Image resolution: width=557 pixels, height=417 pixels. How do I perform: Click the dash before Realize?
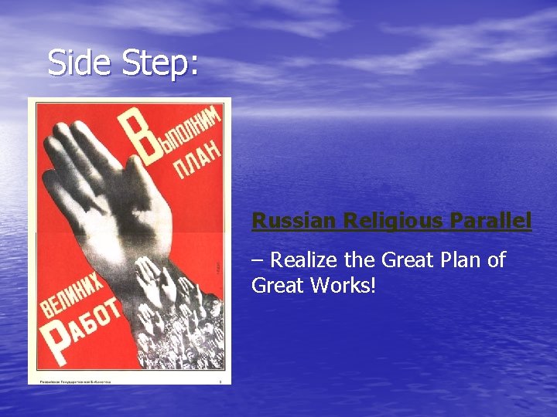[258, 260]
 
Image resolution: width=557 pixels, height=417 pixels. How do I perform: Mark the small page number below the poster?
[220, 380]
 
